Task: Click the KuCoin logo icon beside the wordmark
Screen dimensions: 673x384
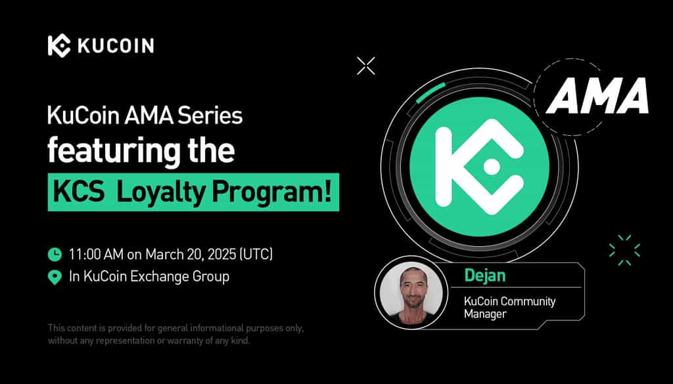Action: coord(59,45)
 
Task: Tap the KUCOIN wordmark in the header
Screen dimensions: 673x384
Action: coord(116,45)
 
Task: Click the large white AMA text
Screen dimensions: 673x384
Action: coord(597,96)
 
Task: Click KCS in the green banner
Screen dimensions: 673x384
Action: coord(79,192)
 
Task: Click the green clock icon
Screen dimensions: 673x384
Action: coord(55,254)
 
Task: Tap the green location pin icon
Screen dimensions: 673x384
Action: coord(55,277)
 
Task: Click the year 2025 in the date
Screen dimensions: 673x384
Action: coord(221,254)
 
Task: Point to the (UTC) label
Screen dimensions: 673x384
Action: coord(256,254)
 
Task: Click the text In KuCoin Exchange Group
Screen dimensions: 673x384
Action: coord(149,276)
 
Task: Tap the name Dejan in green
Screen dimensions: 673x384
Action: coord(484,276)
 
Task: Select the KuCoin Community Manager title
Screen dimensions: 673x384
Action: coord(509,307)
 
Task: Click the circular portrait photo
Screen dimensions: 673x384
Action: coord(411,293)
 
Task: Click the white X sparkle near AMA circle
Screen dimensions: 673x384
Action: coord(365,66)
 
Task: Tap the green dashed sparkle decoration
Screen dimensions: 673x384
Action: coord(624,250)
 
